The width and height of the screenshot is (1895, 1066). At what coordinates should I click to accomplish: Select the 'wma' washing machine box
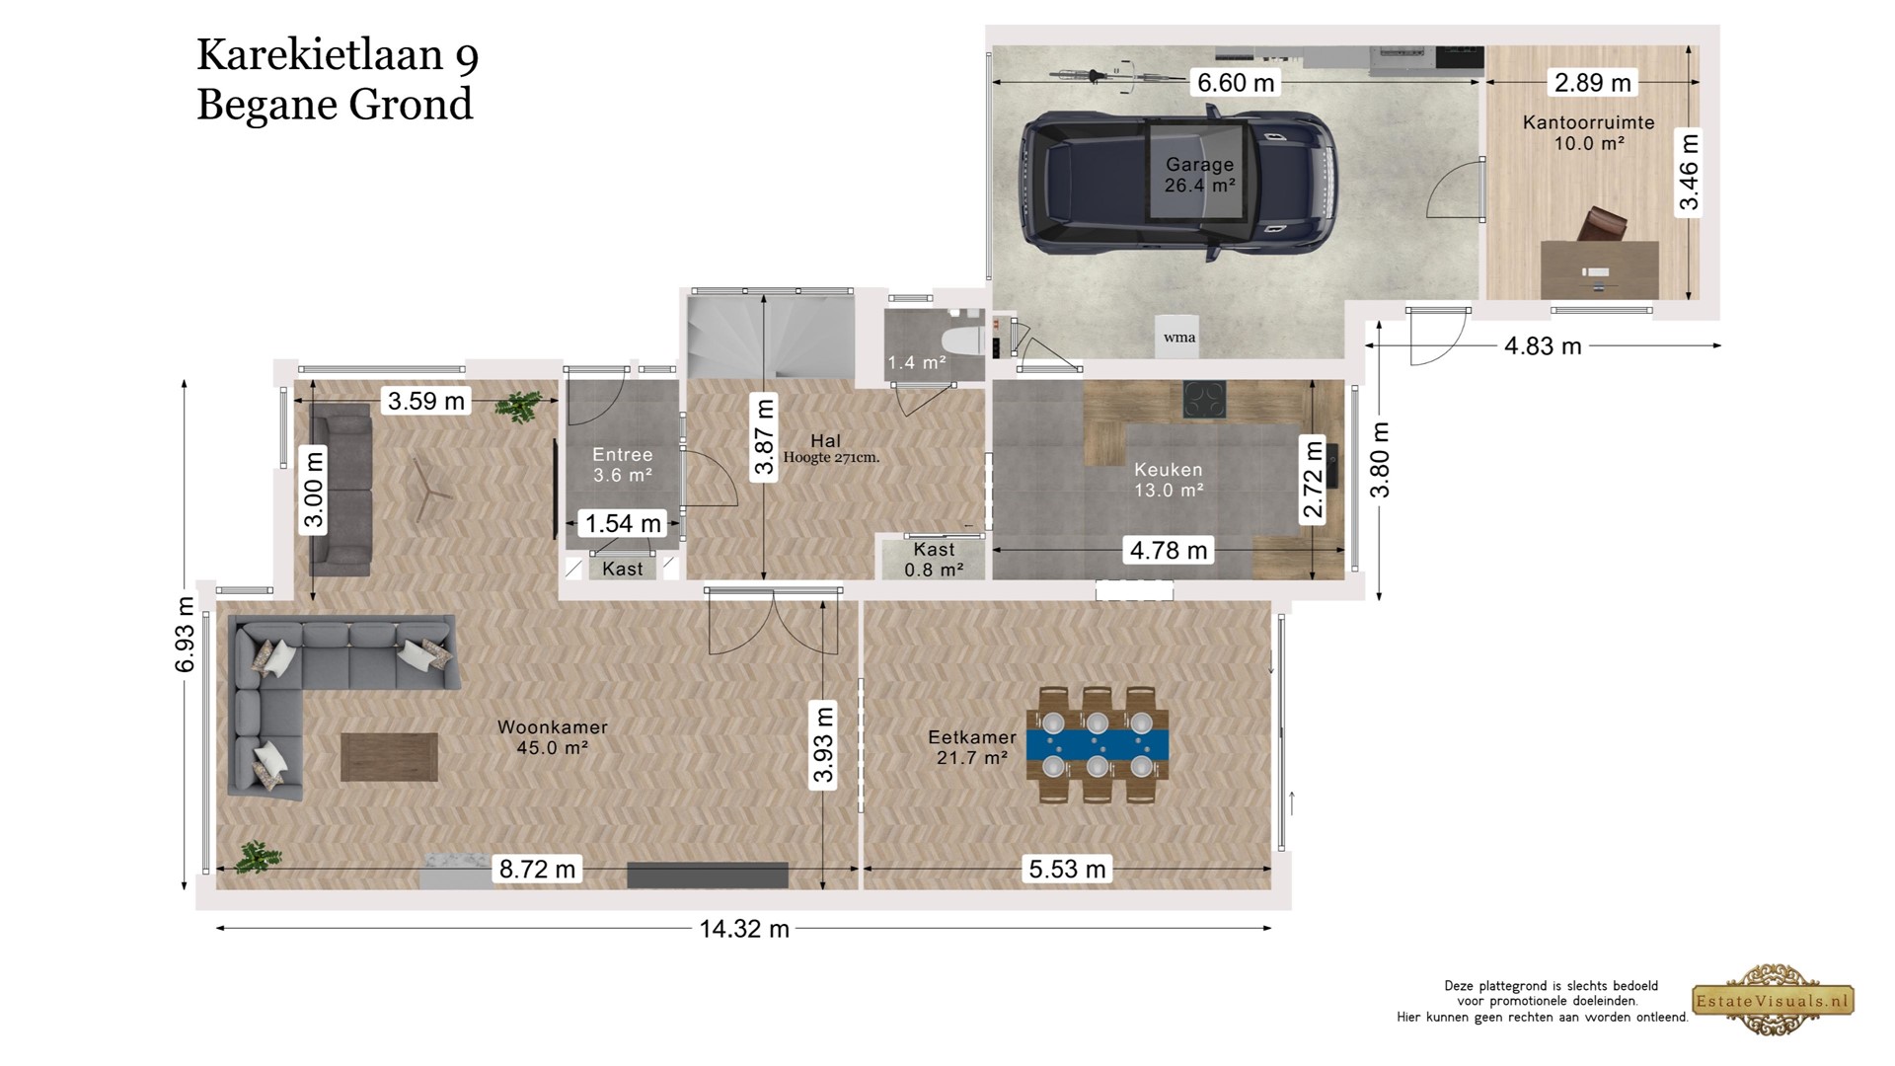1179,337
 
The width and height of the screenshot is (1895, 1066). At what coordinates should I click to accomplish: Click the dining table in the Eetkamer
1098,744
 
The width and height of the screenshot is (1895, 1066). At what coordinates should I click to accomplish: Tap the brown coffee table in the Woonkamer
390,757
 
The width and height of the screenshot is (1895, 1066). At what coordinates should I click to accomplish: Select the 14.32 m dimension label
744,929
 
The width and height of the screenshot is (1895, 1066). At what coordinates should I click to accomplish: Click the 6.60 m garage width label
1236,83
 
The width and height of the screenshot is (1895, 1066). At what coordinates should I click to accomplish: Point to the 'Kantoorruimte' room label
1588,122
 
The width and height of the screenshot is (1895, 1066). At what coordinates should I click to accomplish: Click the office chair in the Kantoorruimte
1602,226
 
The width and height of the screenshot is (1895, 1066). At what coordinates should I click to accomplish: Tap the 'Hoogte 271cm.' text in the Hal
831,458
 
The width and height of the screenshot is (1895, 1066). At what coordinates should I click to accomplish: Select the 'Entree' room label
623,454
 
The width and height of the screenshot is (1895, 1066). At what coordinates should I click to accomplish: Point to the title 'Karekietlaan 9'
338,55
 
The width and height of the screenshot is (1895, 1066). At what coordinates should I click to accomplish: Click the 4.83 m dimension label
1543,345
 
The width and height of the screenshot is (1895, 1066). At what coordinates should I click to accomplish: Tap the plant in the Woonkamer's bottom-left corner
259,857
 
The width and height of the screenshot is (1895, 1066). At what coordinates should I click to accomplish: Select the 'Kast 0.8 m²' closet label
934,560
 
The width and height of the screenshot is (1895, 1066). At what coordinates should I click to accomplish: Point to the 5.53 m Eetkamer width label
1067,869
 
